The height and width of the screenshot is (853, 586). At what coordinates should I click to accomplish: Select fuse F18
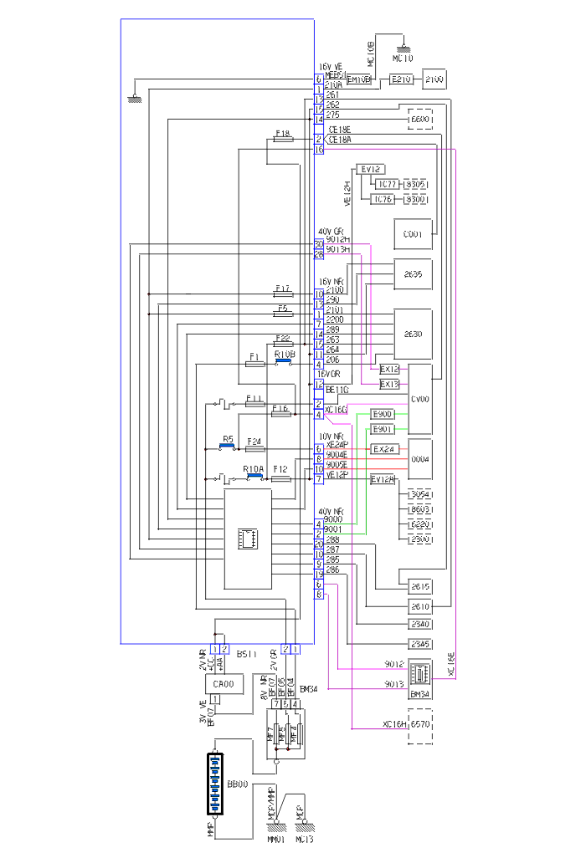click(x=283, y=140)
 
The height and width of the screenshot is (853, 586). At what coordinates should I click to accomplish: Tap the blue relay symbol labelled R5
click(x=227, y=447)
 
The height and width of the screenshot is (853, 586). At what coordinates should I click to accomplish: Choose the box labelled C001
click(x=413, y=234)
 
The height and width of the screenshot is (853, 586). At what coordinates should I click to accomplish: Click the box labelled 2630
click(x=413, y=334)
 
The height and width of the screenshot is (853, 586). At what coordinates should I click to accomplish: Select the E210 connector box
click(x=401, y=79)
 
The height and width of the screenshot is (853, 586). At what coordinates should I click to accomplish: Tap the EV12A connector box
click(x=383, y=479)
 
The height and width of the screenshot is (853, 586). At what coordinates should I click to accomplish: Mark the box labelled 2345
click(x=419, y=644)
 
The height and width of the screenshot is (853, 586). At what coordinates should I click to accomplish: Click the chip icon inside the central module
click(x=248, y=539)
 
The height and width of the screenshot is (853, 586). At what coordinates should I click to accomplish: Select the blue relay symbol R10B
click(x=284, y=362)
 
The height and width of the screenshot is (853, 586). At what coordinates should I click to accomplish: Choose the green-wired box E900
click(x=383, y=415)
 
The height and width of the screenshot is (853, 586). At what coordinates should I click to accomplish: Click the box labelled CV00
click(x=419, y=399)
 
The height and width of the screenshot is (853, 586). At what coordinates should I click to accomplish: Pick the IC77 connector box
click(x=386, y=184)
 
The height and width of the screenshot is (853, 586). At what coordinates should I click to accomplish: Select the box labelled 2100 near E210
click(x=434, y=79)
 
